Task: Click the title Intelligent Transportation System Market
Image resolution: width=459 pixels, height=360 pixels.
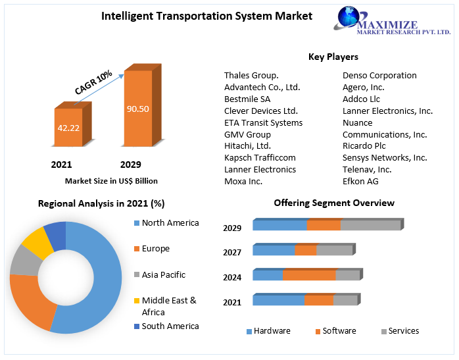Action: pos(206,16)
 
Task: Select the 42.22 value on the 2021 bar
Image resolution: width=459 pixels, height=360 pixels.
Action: pos(68,128)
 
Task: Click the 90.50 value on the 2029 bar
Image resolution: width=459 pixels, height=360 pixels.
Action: pos(137,109)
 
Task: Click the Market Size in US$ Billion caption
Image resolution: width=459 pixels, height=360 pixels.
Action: pos(111,180)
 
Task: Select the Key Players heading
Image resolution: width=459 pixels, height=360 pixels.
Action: pos(333,57)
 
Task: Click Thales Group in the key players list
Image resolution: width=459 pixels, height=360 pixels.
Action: pos(251,76)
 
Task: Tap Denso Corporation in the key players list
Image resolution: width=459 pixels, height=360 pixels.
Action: pos(379,76)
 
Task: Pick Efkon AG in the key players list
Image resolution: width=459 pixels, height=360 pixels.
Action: pos(360,181)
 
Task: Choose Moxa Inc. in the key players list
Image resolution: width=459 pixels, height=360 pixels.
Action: pos(243,181)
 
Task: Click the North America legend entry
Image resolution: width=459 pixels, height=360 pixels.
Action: pos(170,223)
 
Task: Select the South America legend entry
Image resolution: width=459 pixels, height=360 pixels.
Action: pos(170,326)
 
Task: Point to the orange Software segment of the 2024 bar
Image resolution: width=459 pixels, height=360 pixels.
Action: pos(309,275)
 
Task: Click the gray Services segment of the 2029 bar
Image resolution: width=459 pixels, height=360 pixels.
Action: pos(370,225)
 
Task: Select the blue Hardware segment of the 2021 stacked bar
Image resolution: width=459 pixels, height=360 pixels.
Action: pos(278,300)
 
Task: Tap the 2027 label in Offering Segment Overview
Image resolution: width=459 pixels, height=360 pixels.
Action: pos(232,253)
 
